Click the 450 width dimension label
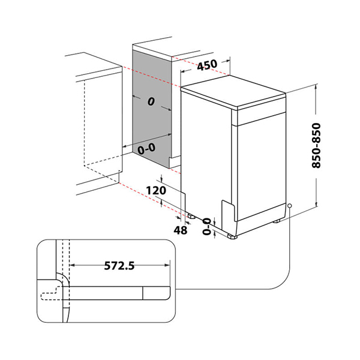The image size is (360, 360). (x=206, y=66)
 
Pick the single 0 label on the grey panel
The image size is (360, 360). (x=149, y=103)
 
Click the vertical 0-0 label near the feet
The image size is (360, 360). (x=207, y=226)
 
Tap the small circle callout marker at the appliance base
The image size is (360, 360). (x=290, y=206)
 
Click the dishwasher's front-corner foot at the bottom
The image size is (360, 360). (x=232, y=236)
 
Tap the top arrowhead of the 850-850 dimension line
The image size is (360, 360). (x=316, y=86)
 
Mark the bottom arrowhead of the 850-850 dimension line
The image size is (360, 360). (x=316, y=207)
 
